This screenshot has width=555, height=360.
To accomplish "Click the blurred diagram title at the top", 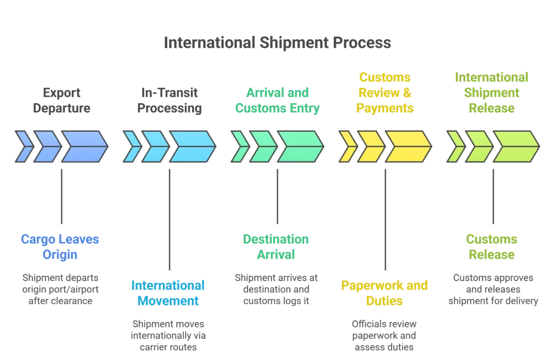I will [x=276, y=44].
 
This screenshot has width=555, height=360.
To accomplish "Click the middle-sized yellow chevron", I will [x=371, y=146].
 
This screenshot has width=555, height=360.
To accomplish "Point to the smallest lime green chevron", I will [x=456, y=146].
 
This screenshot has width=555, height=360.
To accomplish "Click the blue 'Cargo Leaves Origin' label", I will [x=60, y=247].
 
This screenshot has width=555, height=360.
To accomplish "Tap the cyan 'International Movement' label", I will [x=168, y=292].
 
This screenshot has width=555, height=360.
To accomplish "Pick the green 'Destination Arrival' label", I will [x=276, y=247].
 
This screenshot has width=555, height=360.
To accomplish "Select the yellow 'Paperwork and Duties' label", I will [x=385, y=292].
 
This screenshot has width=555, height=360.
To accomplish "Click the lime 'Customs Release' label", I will [x=492, y=247].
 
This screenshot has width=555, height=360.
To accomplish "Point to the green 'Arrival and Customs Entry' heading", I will [x=277, y=100].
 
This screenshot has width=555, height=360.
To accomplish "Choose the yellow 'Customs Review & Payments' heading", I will [x=385, y=92].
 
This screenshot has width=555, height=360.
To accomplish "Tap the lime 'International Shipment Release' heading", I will [x=492, y=92].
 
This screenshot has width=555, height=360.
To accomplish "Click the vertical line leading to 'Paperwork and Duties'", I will [x=385, y=217].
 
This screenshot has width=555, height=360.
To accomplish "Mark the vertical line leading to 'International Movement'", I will [x=169, y=217].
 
